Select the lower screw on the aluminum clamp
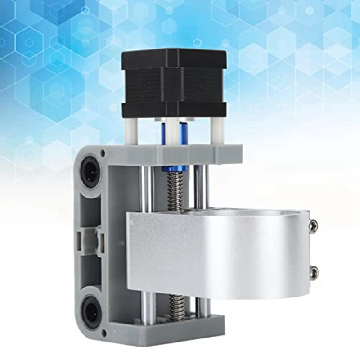[314, 271]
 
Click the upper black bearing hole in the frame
[90, 171]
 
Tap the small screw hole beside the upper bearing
[104, 153]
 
